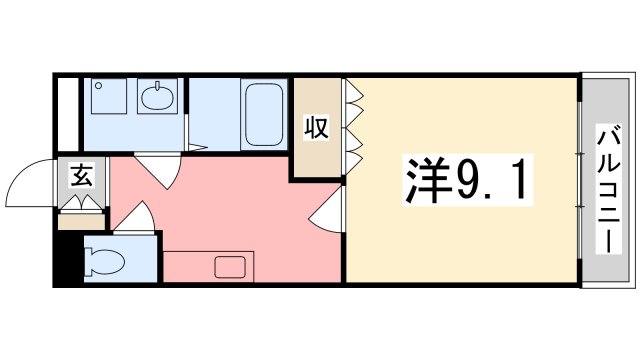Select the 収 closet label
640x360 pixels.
(x=317, y=128)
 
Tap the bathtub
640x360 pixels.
(x=264, y=114)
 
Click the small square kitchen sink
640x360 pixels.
(x=231, y=267)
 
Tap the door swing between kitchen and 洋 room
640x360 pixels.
(x=329, y=212)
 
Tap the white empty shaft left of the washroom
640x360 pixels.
(x=67, y=113)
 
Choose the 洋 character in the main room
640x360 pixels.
(x=424, y=182)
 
